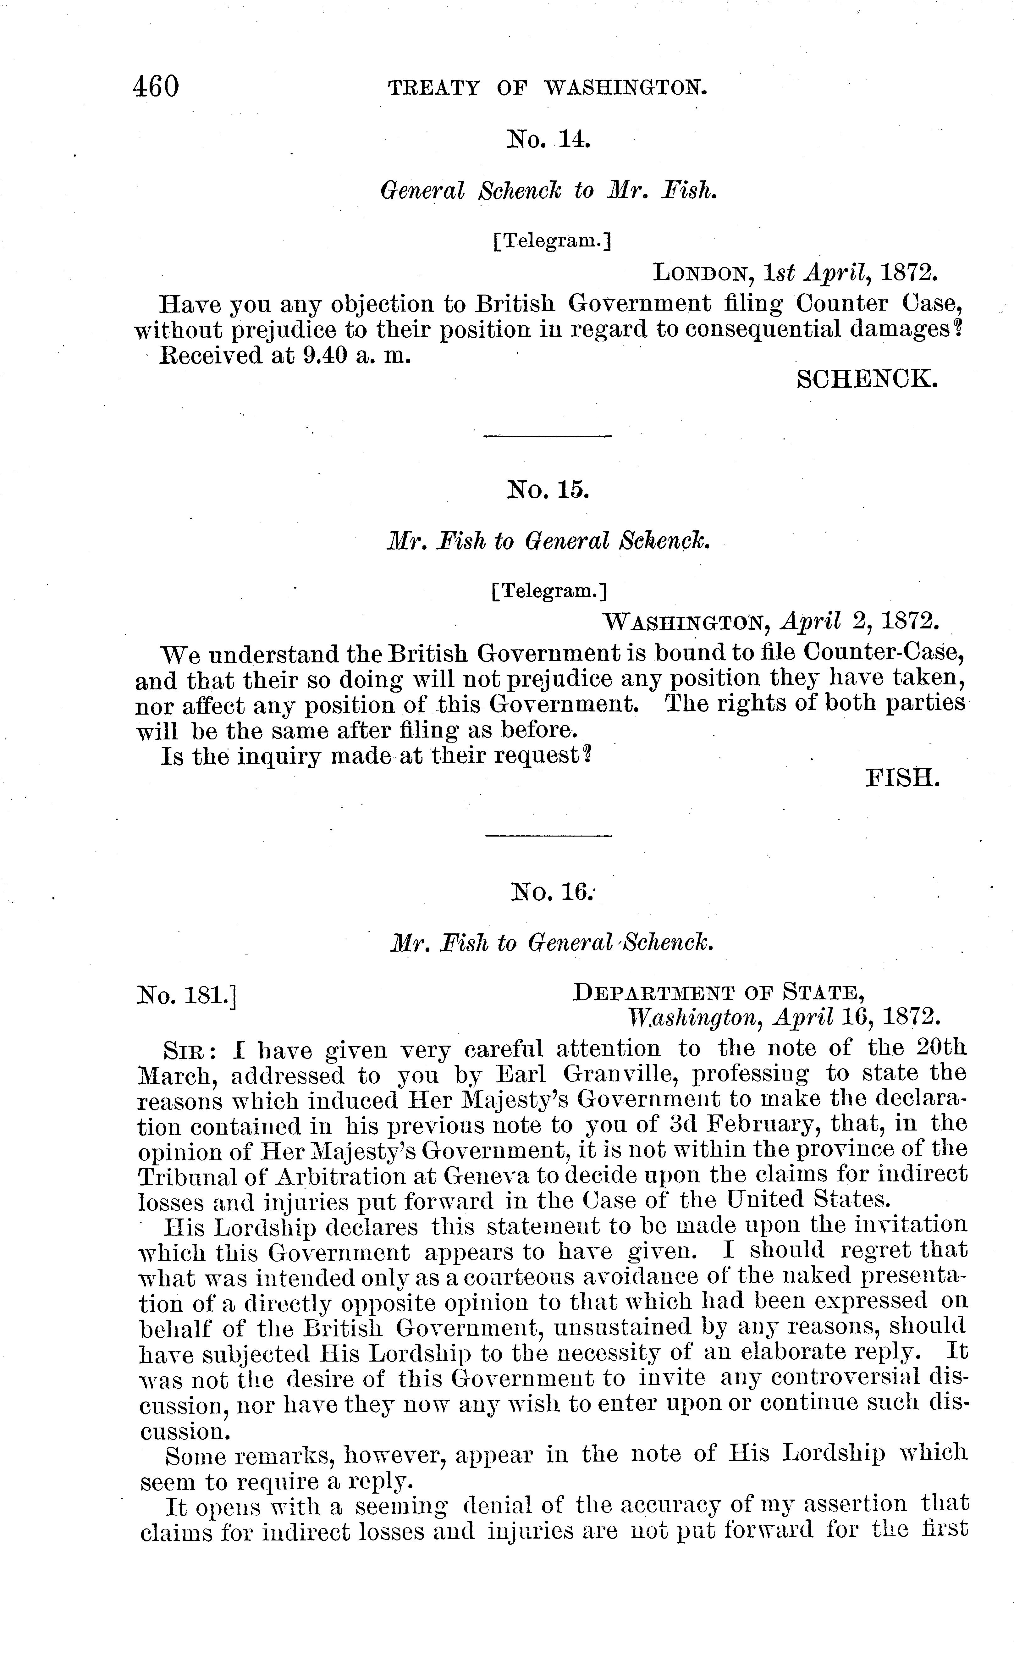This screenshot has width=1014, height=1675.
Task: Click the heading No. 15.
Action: pyautogui.click(x=548, y=489)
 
